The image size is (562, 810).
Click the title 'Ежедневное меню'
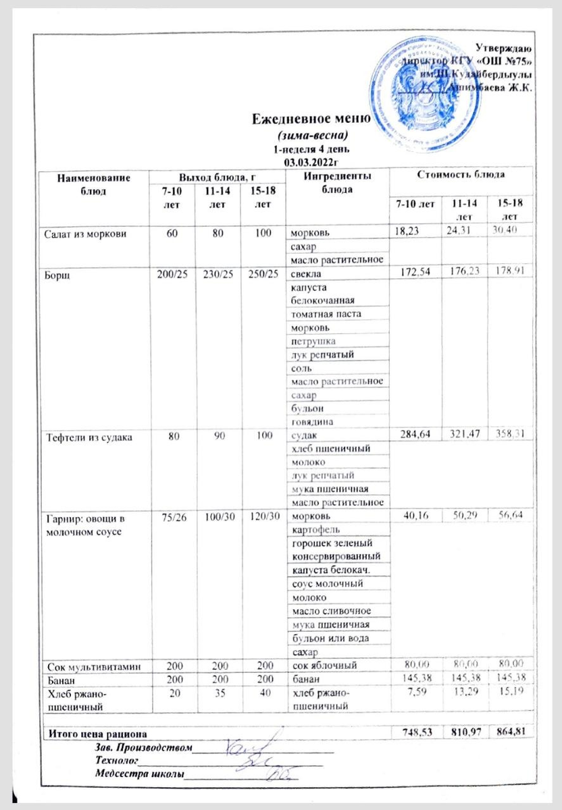pos(311,120)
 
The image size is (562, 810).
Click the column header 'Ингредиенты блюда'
pos(328,182)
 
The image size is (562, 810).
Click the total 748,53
pos(415,732)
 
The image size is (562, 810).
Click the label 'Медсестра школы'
pos(139,774)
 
